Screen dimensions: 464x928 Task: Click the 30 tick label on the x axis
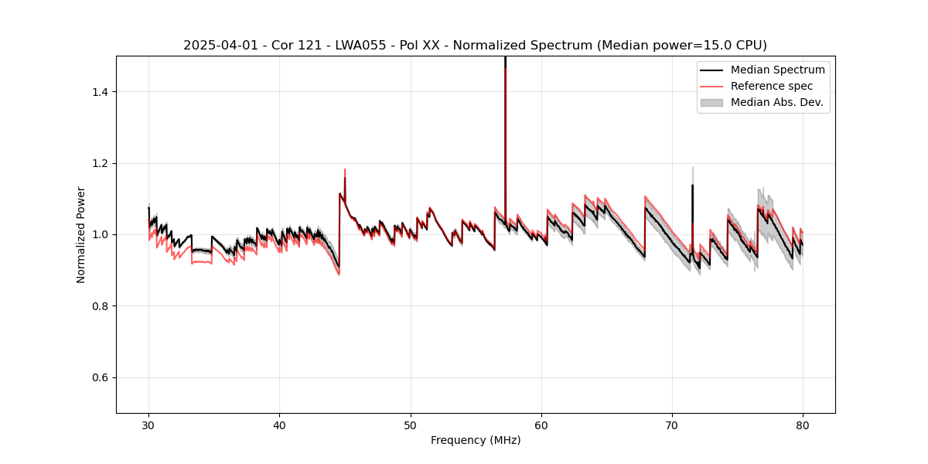(x=149, y=425)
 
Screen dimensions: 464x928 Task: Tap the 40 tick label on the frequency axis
(x=280, y=425)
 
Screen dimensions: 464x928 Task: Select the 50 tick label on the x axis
(x=411, y=425)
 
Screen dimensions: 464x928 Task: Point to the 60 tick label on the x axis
(x=541, y=425)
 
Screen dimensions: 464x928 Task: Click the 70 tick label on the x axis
(x=672, y=425)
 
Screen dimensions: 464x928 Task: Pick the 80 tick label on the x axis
(x=803, y=425)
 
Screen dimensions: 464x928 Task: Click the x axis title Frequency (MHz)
(x=476, y=440)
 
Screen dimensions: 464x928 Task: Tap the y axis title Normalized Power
(x=81, y=234)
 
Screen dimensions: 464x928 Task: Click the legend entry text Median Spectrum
(x=777, y=70)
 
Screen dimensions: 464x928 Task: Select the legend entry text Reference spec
(x=772, y=86)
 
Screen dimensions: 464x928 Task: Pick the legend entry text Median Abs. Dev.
(x=777, y=102)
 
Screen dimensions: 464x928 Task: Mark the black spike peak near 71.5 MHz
(x=692, y=186)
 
